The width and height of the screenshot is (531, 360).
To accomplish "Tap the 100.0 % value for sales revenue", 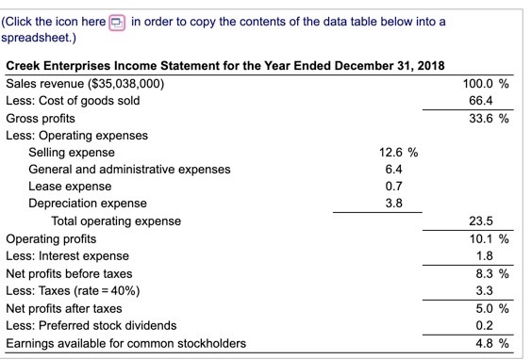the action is [489, 84].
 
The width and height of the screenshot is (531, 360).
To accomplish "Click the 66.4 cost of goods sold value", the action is [482, 102].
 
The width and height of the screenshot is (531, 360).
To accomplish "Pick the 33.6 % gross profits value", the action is [489, 119].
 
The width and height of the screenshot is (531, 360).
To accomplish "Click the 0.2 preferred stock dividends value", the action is [482, 324].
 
